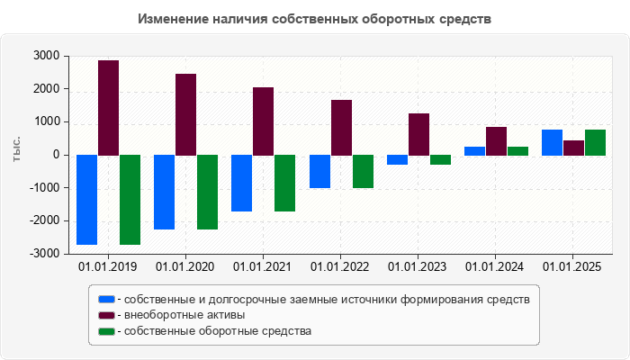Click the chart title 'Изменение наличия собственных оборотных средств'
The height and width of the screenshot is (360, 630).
[x=315, y=19]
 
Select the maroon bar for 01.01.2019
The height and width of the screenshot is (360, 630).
[x=108, y=108]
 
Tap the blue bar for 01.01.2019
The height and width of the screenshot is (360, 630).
[x=86, y=200]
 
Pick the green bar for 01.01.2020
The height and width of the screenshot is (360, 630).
[x=207, y=192]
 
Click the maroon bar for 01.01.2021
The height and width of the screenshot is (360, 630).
[x=263, y=121]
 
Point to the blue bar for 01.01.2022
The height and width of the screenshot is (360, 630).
[x=319, y=171]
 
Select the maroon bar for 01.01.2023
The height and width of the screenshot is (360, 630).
[x=418, y=134]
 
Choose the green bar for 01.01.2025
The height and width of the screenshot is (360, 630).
[x=595, y=142]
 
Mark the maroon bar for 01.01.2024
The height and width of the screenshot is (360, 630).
[x=496, y=141]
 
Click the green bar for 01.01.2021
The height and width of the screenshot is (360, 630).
[x=284, y=183]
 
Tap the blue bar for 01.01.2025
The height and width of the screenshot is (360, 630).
[x=552, y=142]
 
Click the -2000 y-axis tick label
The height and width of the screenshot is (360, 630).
[x=42, y=220]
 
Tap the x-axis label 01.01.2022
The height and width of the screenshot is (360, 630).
[x=340, y=266]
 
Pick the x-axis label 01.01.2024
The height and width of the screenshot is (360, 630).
[x=496, y=266]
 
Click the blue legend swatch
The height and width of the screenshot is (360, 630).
[x=106, y=299]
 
